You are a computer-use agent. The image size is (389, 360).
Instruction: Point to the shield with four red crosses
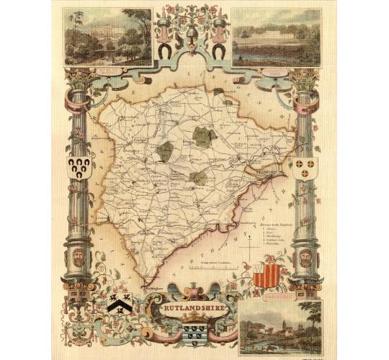click(305, 168)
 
